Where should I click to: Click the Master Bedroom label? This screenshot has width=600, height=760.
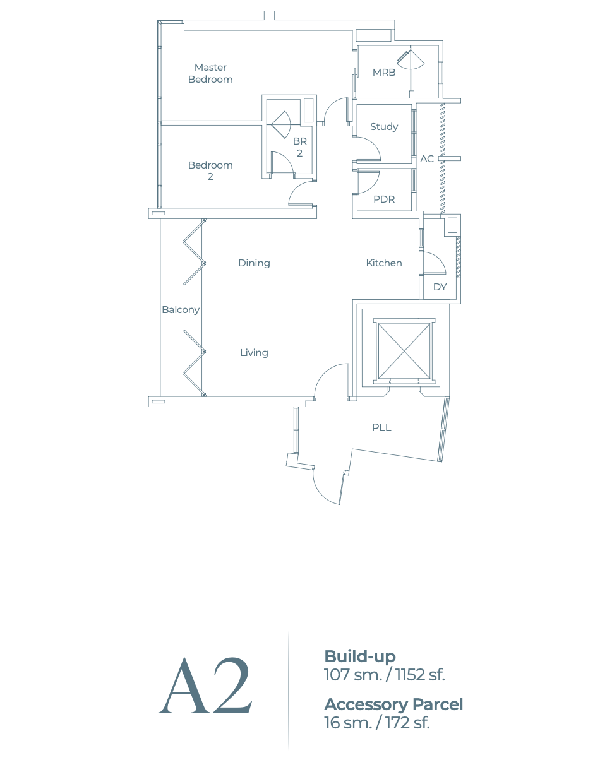[x=210, y=73]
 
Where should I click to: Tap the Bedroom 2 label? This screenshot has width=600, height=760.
[x=210, y=171]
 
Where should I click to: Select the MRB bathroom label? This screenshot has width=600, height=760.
[x=384, y=73]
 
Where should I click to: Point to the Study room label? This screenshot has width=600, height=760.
[x=384, y=127]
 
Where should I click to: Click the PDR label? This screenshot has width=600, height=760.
[x=384, y=199]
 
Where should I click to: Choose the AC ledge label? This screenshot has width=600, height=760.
[x=427, y=159]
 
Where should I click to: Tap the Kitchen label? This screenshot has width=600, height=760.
[x=384, y=263]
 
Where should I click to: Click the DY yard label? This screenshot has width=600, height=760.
[x=440, y=287]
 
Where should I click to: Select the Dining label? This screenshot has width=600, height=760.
[x=254, y=263]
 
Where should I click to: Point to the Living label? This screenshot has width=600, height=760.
[x=254, y=353]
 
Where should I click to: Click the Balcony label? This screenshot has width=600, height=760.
[x=181, y=310]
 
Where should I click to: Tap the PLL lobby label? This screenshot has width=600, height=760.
[x=381, y=428]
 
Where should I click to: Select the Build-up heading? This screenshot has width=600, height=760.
[x=359, y=656]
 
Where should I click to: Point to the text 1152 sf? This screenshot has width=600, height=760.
[x=420, y=675]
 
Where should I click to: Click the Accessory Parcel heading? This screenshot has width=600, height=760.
[x=393, y=704]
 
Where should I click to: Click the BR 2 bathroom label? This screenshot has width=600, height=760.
[x=299, y=148]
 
